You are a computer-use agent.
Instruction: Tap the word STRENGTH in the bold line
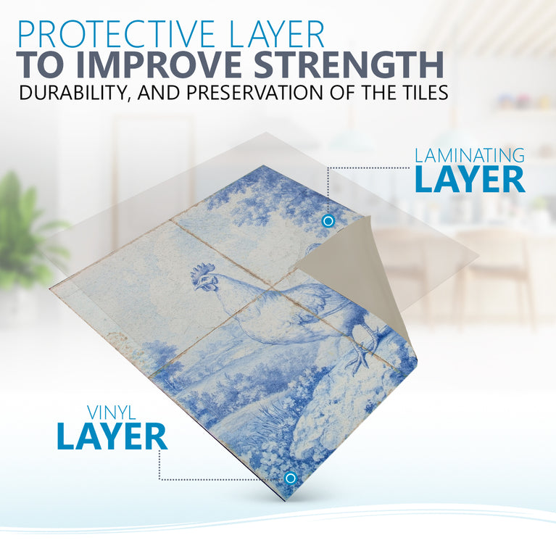[349, 65]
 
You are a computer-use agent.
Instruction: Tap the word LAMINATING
[470, 155]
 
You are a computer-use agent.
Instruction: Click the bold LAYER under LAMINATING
[470, 180]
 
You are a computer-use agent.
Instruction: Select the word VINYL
[112, 412]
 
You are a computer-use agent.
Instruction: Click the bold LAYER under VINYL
[112, 436]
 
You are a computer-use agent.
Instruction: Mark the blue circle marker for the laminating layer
[328, 221]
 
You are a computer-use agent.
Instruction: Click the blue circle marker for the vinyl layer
[291, 478]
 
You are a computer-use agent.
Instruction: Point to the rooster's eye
[207, 280]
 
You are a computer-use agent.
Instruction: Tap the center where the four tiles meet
[270, 286]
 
